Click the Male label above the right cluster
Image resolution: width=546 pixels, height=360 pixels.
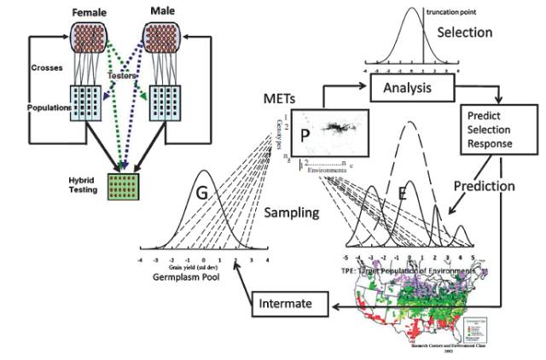163,13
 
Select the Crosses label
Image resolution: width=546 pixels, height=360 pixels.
44,67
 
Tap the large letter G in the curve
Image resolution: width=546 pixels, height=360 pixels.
201,195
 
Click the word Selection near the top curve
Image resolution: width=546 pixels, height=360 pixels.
465,32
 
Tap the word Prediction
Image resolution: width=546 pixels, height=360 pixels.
484,183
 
